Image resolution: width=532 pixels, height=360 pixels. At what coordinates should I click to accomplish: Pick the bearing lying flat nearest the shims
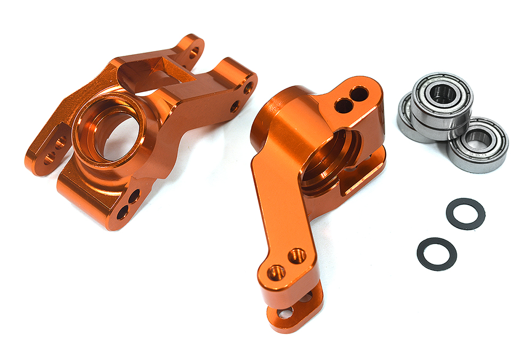pyautogui.click(x=478, y=145)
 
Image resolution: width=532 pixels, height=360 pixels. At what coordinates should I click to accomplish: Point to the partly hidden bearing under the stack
pyautogui.click(x=406, y=120)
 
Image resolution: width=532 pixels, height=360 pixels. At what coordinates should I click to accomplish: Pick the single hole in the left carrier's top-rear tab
pyautogui.click(x=194, y=52)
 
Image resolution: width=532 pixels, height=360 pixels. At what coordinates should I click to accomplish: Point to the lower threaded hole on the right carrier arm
pyautogui.click(x=276, y=272)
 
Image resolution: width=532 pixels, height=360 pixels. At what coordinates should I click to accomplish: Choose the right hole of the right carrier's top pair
pyautogui.click(x=360, y=95)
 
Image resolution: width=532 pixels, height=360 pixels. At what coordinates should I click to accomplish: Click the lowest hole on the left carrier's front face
pyautogui.click(x=123, y=213)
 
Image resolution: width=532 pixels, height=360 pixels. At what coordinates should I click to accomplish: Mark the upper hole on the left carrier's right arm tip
pyautogui.click(x=248, y=88)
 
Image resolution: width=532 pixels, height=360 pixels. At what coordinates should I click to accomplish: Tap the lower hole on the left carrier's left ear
pyautogui.click(x=49, y=157)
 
